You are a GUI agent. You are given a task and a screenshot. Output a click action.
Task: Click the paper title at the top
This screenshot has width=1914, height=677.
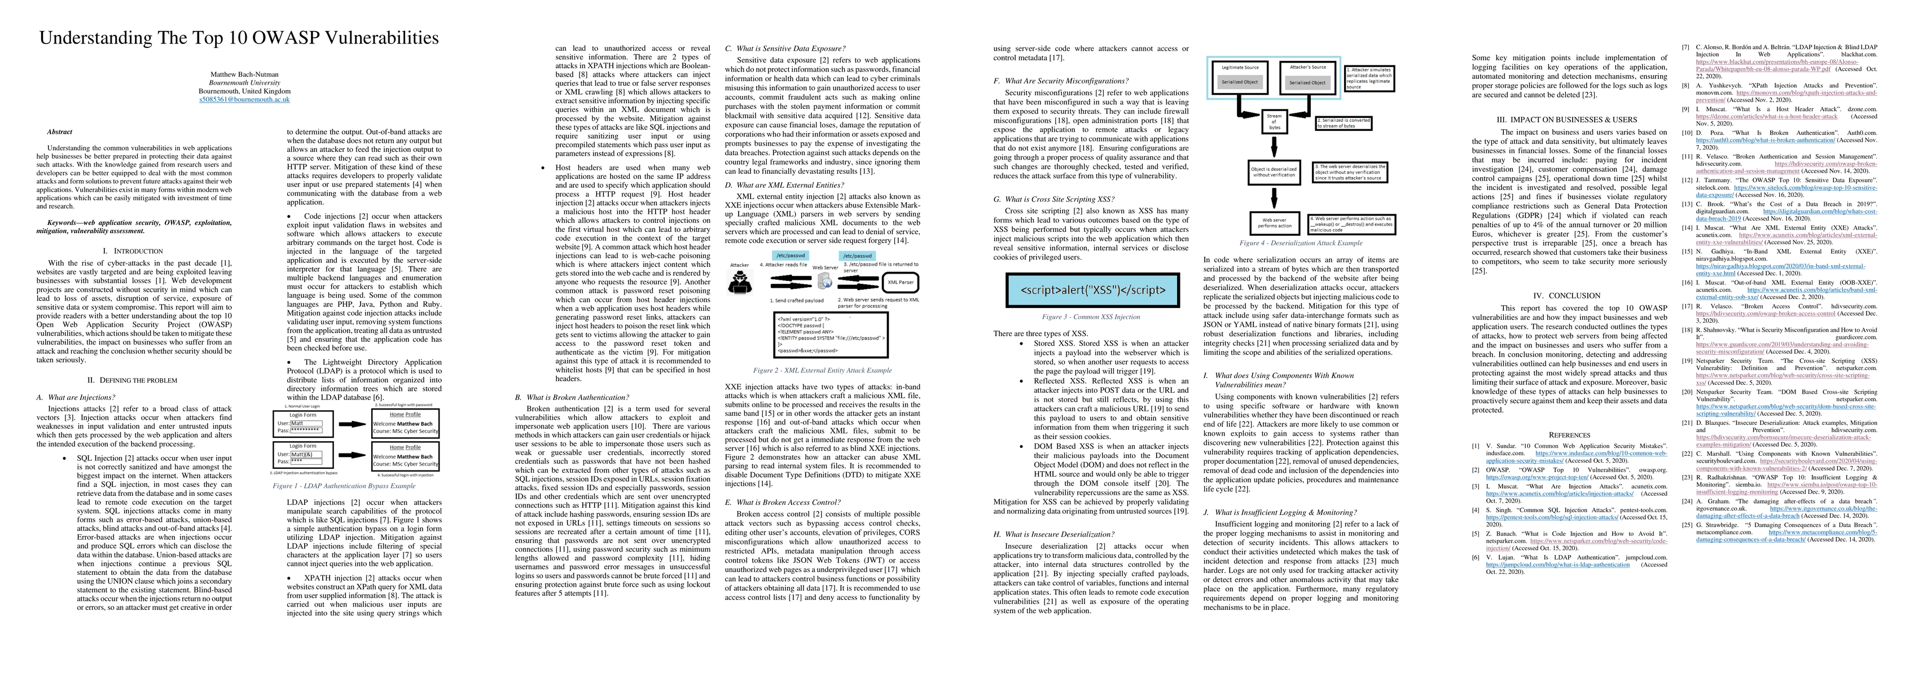(239, 38)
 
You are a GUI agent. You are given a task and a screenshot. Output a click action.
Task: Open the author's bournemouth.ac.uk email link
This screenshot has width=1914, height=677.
(244, 99)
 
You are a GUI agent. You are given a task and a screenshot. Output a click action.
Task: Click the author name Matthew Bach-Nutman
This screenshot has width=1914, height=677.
(244, 74)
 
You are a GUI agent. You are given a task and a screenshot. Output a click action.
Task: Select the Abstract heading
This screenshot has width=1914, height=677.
(59, 132)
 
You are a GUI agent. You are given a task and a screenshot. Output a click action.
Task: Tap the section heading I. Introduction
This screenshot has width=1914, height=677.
(133, 251)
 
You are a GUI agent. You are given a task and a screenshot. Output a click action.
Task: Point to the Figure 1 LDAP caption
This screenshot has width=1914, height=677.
(344, 486)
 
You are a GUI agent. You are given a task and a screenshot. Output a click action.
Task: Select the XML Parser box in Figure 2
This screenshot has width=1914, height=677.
(901, 283)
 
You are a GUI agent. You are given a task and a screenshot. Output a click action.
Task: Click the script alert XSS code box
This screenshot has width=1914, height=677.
(1092, 291)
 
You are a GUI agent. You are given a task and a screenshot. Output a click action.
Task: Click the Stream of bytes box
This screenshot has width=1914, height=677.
(1274, 121)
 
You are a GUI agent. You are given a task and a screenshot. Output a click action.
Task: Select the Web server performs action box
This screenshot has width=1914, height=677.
(1274, 222)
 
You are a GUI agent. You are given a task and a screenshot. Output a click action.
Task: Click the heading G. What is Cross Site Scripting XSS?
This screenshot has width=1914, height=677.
(1053, 199)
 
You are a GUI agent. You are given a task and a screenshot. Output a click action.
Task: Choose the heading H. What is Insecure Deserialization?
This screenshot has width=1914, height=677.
(1053, 534)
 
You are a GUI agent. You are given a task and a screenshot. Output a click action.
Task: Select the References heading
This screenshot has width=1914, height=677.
(1569, 435)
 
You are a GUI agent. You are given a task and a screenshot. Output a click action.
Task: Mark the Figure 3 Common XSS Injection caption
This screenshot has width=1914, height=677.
(1091, 316)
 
